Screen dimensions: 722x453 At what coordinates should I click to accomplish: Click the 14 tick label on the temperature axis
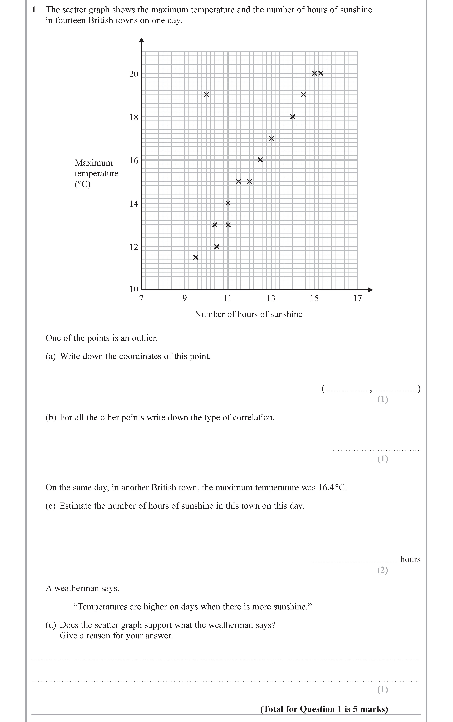click(x=134, y=204)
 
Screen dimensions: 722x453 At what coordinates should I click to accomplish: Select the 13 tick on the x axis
click(x=271, y=298)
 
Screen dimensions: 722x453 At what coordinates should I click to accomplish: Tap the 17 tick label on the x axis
click(x=357, y=298)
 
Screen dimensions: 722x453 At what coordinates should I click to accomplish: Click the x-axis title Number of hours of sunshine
click(x=248, y=314)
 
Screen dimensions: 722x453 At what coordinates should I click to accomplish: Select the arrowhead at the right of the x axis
click(x=371, y=290)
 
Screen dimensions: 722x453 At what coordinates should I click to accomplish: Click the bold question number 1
click(x=34, y=10)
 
